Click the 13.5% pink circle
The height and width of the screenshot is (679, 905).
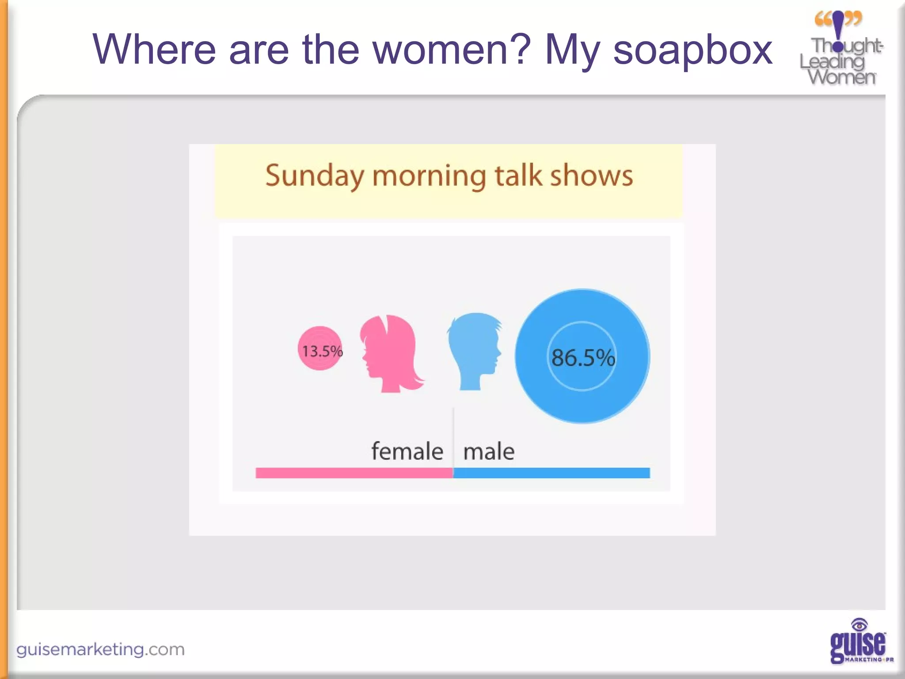(320, 349)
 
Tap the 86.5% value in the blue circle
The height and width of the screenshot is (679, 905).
(583, 357)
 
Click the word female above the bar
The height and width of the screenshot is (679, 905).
(407, 451)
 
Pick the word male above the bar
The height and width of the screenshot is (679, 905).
(489, 451)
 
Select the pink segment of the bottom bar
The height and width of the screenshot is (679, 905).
(354, 473)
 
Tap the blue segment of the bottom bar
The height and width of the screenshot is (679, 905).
(551, 473)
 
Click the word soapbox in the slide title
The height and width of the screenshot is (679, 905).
(692, 50)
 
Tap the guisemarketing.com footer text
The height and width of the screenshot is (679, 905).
(100, 649)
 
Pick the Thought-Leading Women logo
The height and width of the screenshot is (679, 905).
(840, 49)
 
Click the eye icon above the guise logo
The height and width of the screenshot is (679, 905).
(859, 625)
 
